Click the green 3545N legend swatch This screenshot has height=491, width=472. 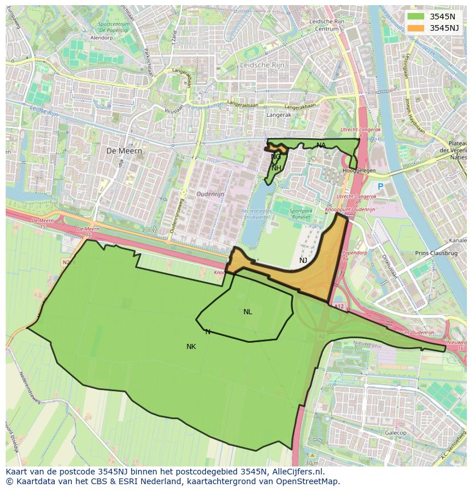tap(416, 16)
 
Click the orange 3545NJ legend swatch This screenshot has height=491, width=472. tap(416, 27)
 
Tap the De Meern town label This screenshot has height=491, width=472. tap(124, 151)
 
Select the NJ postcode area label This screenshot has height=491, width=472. tap(303, 261)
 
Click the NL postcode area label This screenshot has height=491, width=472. tap(247, 312)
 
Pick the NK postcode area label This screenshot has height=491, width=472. tap(191, 347)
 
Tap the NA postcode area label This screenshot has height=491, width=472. tap(321, 145)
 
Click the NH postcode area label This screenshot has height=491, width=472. tap(276, 168)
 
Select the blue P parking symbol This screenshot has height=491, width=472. tap(380, 186)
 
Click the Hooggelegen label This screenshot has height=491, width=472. tap(359, 171)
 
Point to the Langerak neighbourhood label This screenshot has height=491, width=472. tap(279, 115)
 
